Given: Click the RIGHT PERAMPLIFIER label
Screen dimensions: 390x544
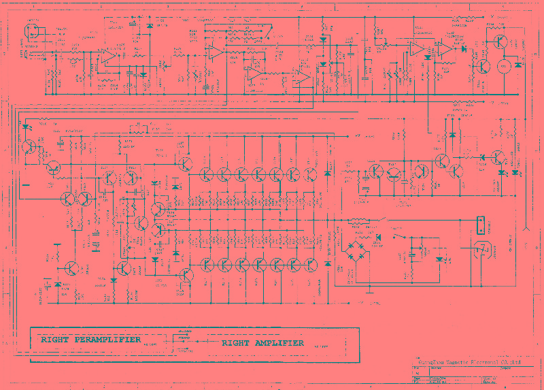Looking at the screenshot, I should (x=90, y=339).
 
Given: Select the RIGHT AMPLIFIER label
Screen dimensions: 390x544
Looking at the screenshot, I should (x=262, y=343).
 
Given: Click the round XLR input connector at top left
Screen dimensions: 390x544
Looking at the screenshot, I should (x=31, y=31).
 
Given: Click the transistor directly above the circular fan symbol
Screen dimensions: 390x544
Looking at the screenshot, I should (x=501, y=42).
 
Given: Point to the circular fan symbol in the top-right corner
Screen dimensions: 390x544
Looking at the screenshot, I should (x=505, y=65).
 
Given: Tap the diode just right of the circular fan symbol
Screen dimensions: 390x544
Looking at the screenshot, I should (x=519, y=65).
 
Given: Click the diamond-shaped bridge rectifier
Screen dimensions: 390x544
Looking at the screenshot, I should (x=355, y=249).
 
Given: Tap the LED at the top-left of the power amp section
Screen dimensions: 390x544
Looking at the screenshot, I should (x=26, y=127).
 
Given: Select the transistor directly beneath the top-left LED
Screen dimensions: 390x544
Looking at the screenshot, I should (x=29, y=146).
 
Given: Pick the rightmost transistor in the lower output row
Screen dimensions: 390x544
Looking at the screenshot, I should (x=311, y=264).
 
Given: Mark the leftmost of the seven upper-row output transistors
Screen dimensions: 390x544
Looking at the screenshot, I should (x=207, y=174).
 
